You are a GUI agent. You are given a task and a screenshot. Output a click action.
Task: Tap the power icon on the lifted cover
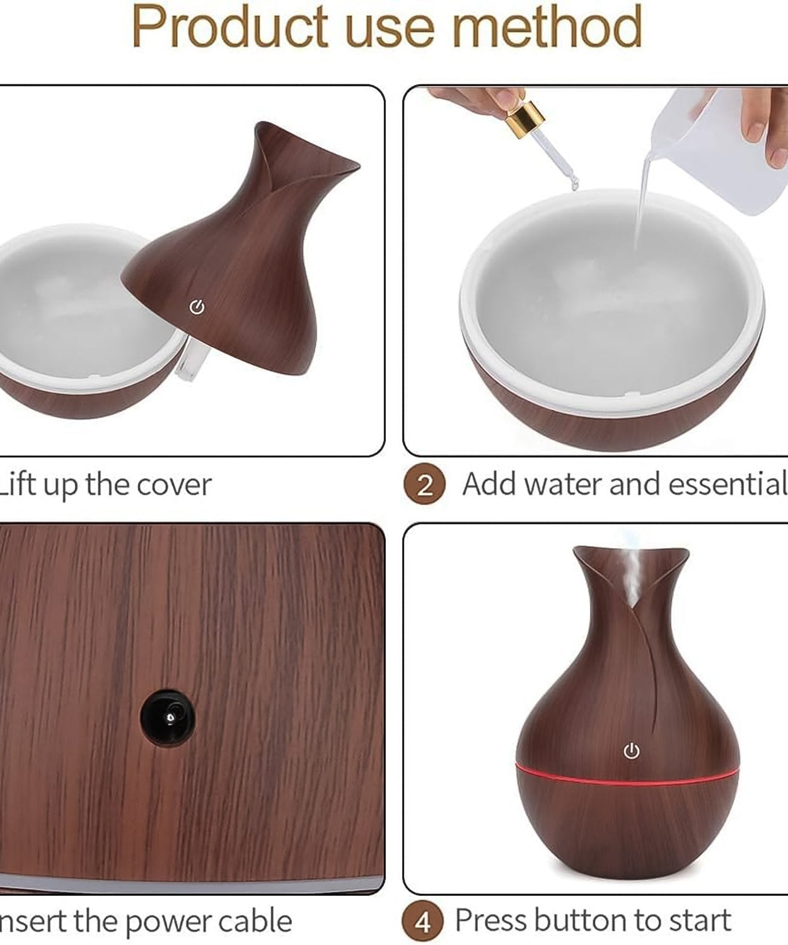(x=197, y=307)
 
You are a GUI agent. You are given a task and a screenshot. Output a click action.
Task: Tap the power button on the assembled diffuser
(x=631, y=751)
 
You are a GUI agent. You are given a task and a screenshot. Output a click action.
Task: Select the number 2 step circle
(x=424, y=485)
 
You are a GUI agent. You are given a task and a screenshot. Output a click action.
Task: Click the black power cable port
(x=168, y=716)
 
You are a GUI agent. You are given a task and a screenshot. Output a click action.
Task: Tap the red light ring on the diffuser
(x=627, y=774)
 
